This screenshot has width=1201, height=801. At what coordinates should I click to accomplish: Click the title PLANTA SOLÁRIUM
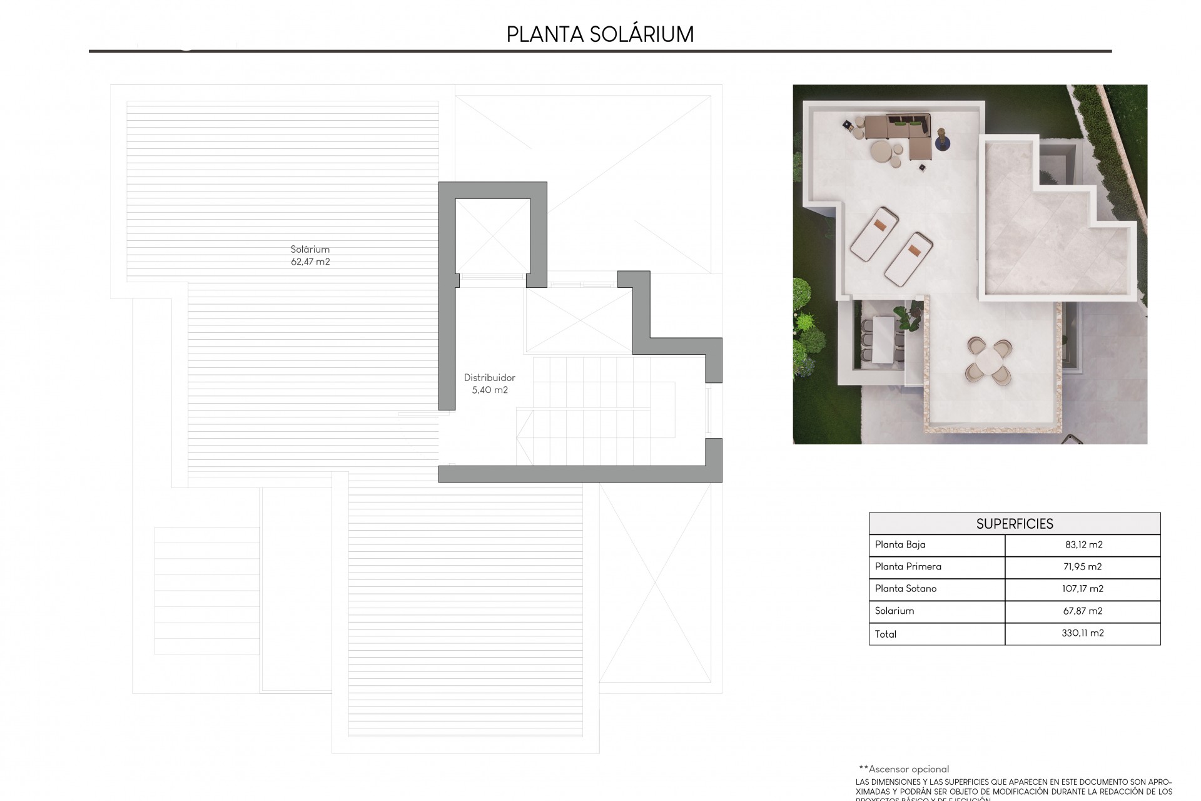tap(600, 34)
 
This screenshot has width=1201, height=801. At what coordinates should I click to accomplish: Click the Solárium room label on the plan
tap(310, 249)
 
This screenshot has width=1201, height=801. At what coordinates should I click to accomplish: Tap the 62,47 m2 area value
tap(310, 262)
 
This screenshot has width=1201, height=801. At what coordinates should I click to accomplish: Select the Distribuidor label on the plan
tap(490, 377)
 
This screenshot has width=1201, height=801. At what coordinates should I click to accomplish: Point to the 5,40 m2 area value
tap(490, 390)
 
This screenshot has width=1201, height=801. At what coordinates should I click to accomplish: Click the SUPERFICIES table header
tap(1015, 524)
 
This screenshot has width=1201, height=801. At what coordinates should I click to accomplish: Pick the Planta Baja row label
tap(900, 544)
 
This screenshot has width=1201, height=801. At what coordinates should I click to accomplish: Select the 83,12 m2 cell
tap(1084, 544)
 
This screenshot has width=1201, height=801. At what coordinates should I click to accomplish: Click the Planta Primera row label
tap(908, 566)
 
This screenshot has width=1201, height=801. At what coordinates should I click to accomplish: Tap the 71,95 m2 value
tap(1083, 566)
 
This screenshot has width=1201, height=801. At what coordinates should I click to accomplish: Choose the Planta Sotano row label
tap(906, 588)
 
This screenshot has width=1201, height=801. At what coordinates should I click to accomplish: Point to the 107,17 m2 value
tap(1083, 588)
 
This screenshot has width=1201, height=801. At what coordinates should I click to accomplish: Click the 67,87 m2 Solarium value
tap(1083, 611)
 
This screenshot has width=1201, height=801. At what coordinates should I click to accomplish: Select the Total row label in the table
tap(886, 634)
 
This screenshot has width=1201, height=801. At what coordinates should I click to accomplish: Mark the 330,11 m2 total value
tap(1083, 633)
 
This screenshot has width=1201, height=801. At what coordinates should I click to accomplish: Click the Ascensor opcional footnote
tap(904, 769)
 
